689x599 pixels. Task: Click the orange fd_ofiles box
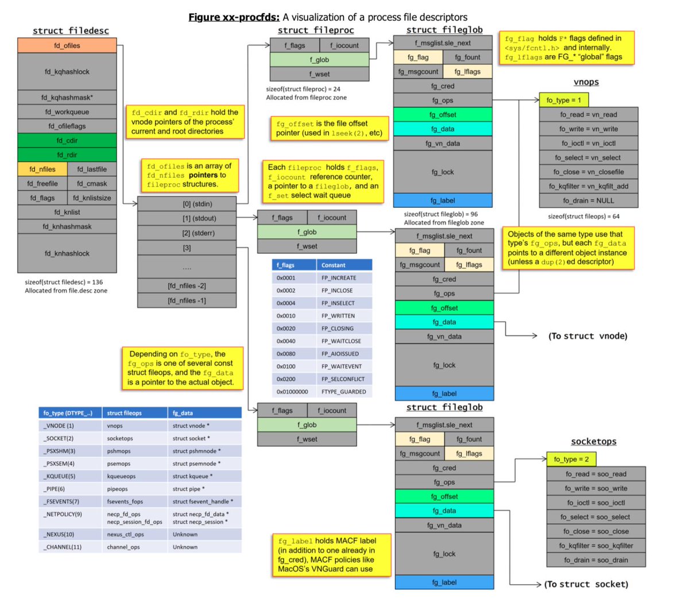pos(67,45)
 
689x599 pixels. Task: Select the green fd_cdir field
pos(67,141)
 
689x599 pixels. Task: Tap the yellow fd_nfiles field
pos(42,169)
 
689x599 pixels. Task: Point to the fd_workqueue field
pos(67,112)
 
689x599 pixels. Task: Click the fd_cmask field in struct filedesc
pos(92,184)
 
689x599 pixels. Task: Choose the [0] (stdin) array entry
pos(187,204)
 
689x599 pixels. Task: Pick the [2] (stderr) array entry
pos(187,233)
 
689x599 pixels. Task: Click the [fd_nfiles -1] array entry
pos(187,300)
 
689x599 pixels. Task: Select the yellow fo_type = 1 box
pos(564,100)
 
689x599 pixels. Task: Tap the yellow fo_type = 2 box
pos(571,459)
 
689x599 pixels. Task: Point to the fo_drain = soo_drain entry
pos(596,560)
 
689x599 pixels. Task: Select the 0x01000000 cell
pos(292,392)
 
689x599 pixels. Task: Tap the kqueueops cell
pos(121,476)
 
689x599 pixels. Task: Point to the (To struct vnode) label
pos(587,336)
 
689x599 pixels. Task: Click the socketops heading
pos(594,441)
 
